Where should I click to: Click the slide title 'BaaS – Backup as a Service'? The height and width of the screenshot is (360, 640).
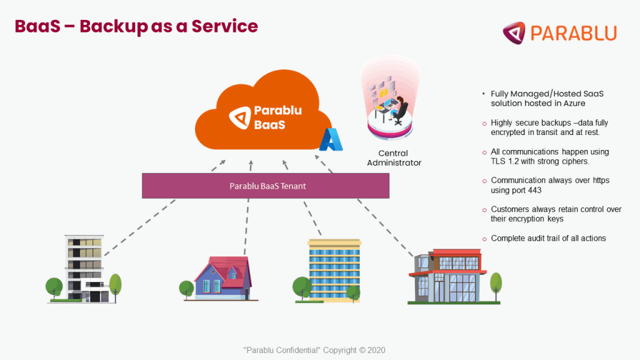tap(136, 26)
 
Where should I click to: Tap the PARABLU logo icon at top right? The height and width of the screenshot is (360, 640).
tap(514, 32)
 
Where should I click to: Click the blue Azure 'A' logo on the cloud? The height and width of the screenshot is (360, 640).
tap(331, 140)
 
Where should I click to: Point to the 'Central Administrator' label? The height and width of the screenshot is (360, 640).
tap(394, 157)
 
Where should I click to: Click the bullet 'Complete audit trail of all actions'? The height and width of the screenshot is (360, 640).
tap(548, 238)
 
